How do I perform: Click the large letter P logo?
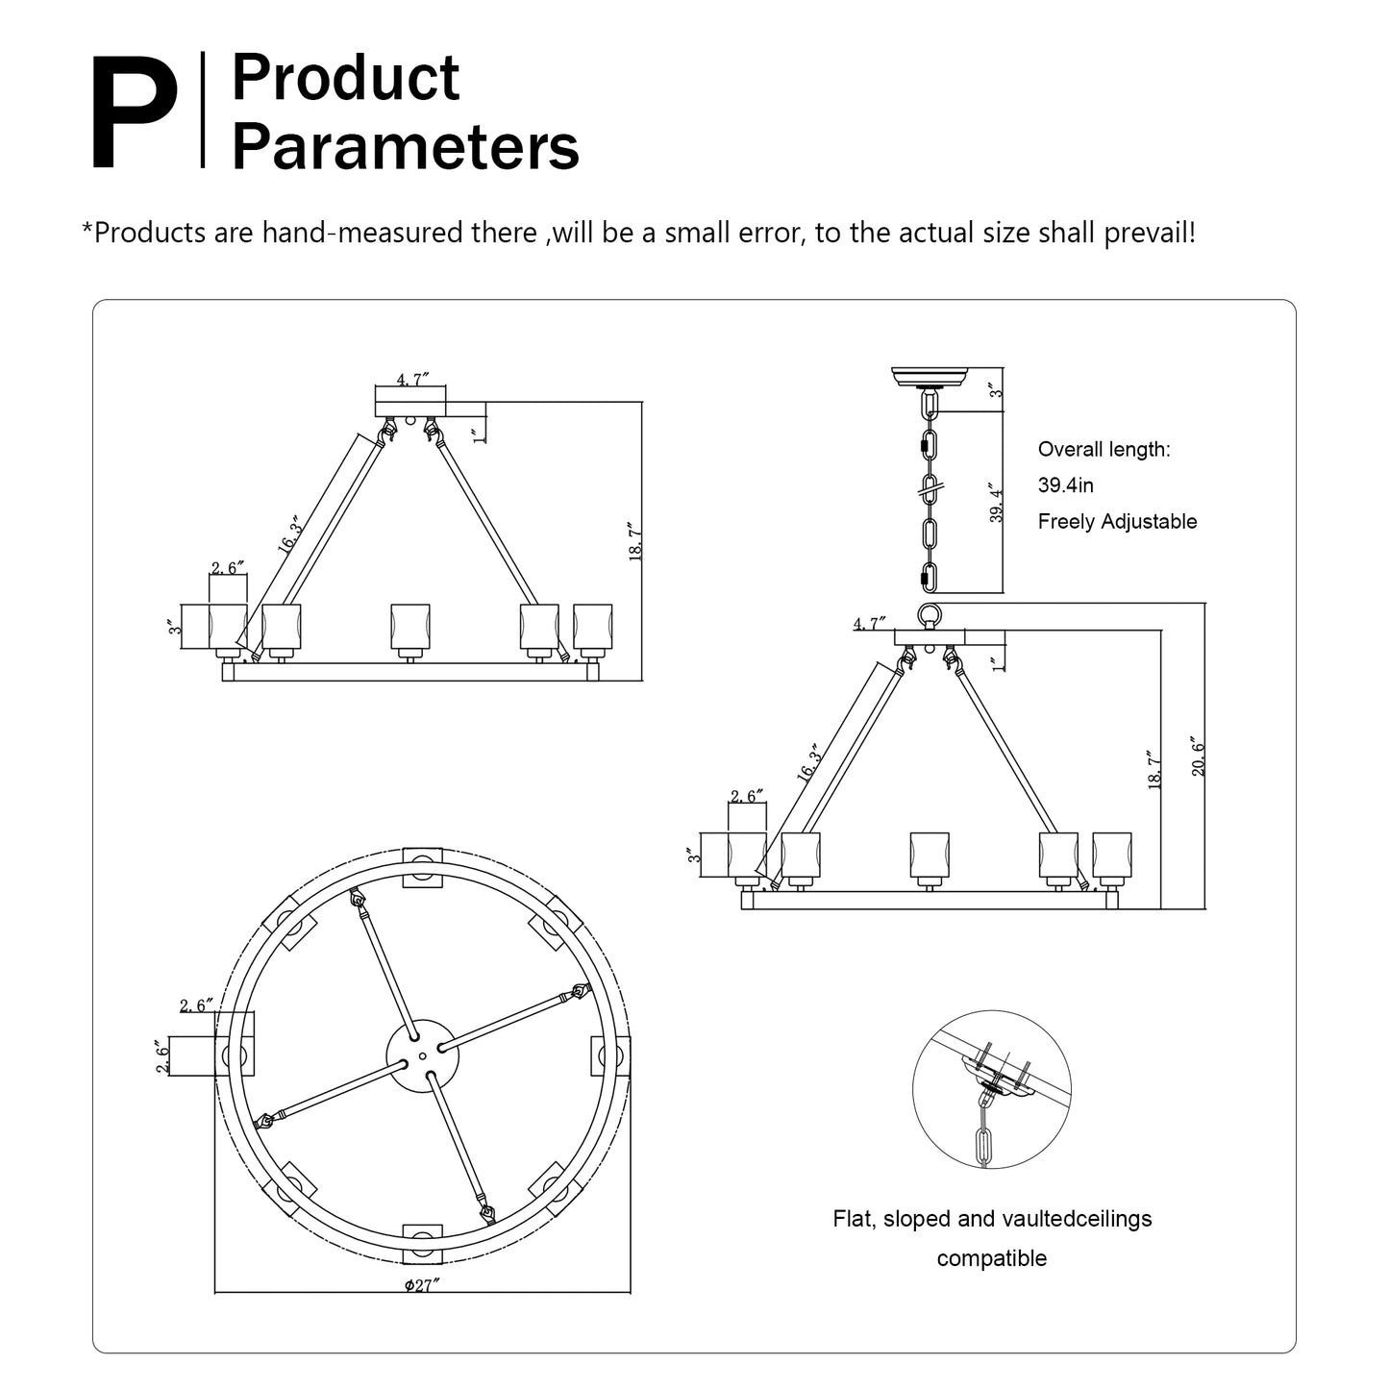(x=136, y=113)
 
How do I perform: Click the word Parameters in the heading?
(x=405, y=147)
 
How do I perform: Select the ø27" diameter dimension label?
(x=422, y=1305)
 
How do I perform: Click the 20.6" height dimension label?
(x=1198, y=756)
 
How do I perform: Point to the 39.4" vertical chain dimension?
(x=996, y=503)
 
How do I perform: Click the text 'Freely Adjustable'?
(x=1117, y=521)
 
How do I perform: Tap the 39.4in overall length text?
(x=1065, y=485)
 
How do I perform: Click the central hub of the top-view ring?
(x=422, y=1055)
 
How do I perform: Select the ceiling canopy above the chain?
(x=930, y=377)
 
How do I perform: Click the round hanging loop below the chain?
(x=930, y=615)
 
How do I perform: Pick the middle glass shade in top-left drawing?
(x=410, y=627)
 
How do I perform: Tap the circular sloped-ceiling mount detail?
(x=991, y=1089)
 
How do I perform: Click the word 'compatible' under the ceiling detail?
(x=991, y=1258)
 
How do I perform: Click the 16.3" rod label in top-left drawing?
(x=288, y=534)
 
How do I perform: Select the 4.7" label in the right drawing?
(x=869, y=624)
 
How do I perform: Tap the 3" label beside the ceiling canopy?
(x=996, y=390)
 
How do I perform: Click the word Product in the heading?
(x=345, y=78)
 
